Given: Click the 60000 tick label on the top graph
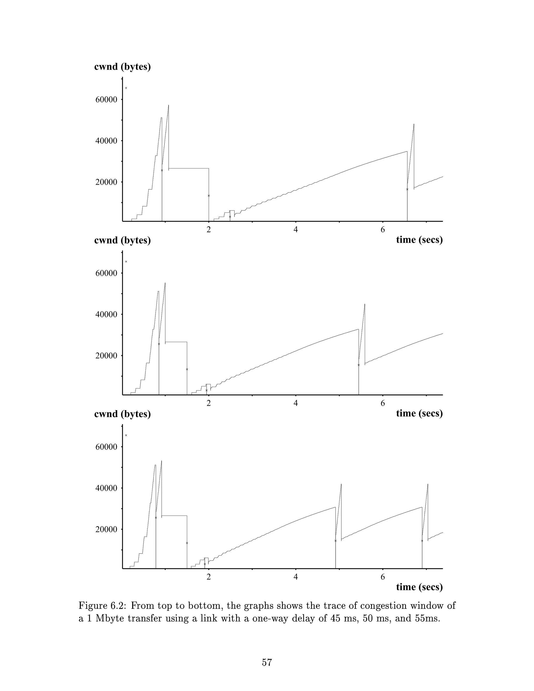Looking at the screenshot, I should tap(106, 100).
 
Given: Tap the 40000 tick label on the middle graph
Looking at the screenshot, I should tap(106, 314).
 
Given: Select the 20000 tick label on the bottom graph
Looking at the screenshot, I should tap(106, 529).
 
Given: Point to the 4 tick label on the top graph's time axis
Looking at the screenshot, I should tap(296, 230).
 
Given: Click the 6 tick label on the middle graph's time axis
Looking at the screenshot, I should tap(383, 403).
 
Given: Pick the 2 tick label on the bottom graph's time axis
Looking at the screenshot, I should tap(209, 577).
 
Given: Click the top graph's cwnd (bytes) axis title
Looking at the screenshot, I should tap(123, 67).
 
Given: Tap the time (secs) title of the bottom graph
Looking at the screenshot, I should tap(419, 587).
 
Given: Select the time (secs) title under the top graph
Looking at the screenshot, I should tap(419, 240).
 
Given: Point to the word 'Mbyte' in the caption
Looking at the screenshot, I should tap(110, 618).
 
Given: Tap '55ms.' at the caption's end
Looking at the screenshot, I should tap(427, 618).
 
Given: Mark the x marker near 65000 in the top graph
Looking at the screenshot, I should tap(126, 88).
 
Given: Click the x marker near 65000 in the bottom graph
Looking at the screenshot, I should tap(126, 435).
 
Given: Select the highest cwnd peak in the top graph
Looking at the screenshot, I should tap(169, 105).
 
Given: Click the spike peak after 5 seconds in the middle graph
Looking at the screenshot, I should tap(365, 304).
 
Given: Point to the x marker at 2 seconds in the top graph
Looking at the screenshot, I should tap(209, 196).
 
